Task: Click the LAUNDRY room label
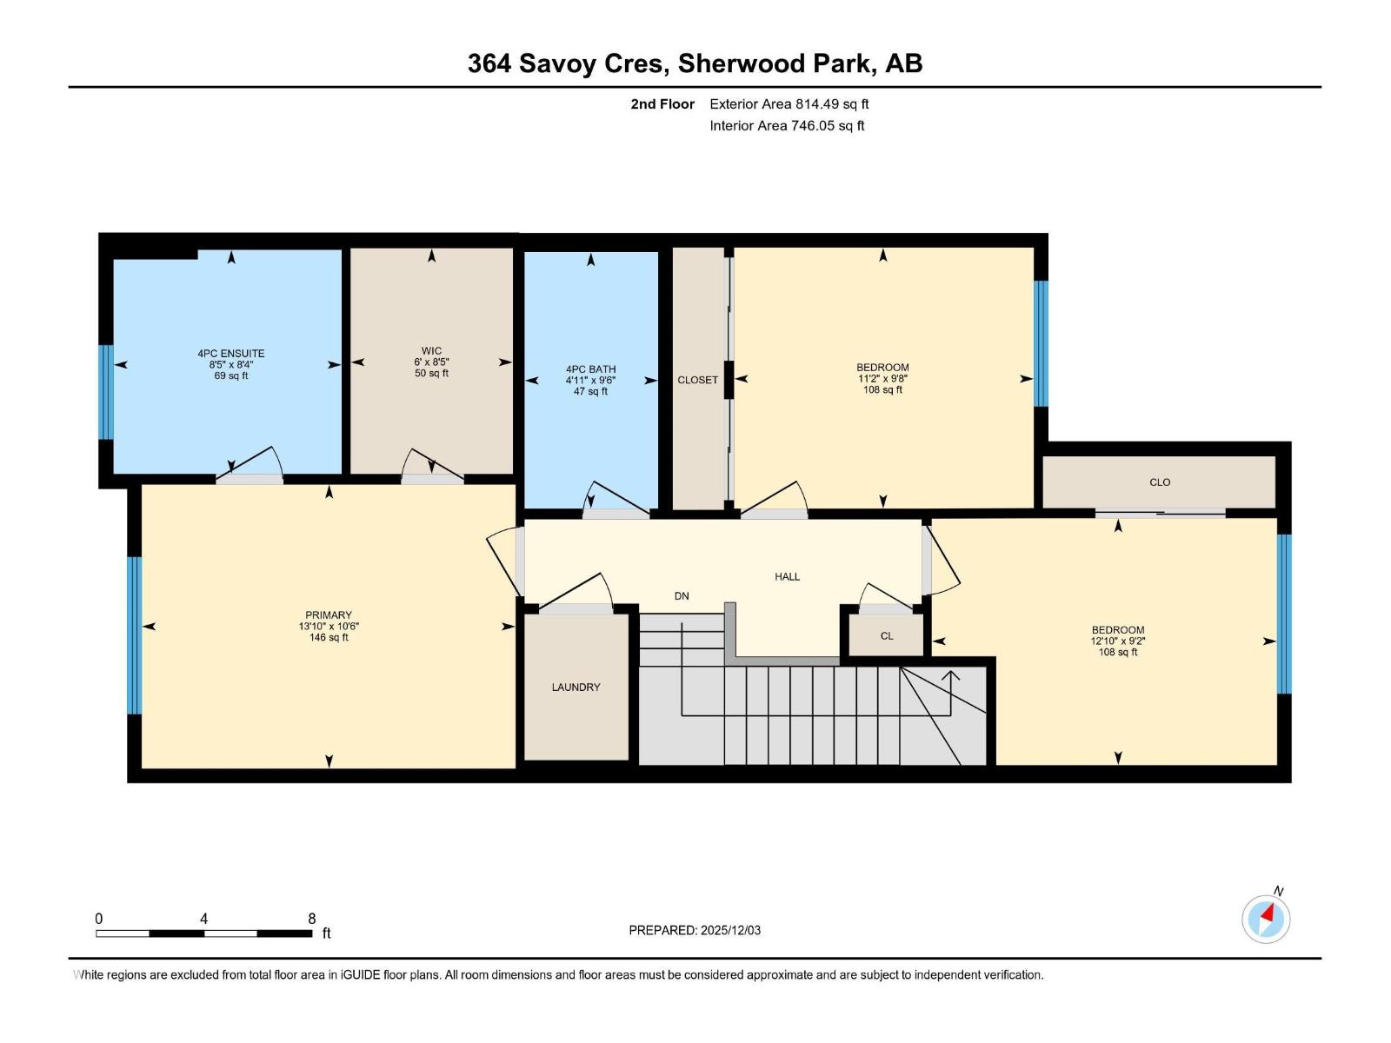coord(576,688)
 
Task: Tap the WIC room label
coord(431,351)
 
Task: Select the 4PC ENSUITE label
coord(230,354)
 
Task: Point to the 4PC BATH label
coord(590,369)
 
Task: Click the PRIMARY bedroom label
coord(329,615)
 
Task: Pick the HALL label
coord(787,576)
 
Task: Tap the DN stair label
coord(682,596)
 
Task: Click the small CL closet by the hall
coord(887,636)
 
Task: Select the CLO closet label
coord(1160,482)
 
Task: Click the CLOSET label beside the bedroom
coord(698,380)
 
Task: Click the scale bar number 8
coord(312,919)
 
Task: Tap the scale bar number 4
coord(204,919)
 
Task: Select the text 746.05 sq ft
coord(828,125)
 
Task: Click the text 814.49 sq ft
coord(832,103)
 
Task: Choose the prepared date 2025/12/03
coord(730,930)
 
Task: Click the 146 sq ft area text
coord(329,638)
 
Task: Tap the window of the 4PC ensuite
coord(106,392)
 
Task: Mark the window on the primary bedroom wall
coord(135,635)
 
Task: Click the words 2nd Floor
coord(662,103)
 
